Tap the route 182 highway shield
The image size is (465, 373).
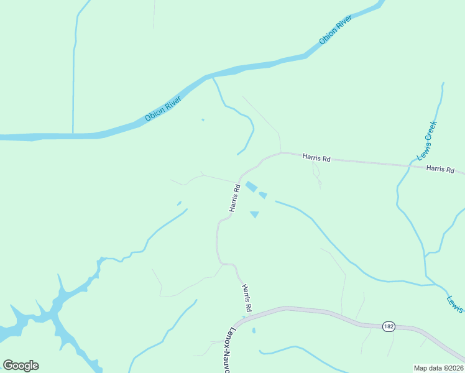coord(389,326)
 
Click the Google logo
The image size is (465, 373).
coord(21,366)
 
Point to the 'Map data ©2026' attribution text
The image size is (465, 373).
coord(438,368)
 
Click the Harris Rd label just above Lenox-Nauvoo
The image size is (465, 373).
coord(246,298)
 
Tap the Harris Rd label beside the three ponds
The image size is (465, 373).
coord(234,198)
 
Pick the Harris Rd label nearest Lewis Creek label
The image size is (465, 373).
coord(440,169)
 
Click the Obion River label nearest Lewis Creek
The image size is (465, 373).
coord(336,30)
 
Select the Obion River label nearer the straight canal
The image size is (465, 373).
coord(163,108)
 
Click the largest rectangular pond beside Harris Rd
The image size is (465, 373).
coord(251,186)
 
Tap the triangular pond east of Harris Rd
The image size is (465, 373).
coord(254,214)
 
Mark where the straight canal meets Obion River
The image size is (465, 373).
coord(73,134)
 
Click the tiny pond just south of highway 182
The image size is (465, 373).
coord(254,330)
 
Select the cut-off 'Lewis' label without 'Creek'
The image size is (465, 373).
coord(455,303)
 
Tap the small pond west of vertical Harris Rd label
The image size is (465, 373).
coord(179,203)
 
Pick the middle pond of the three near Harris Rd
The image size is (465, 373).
coord(263,195)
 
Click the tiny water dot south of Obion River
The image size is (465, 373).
coord(203,119)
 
